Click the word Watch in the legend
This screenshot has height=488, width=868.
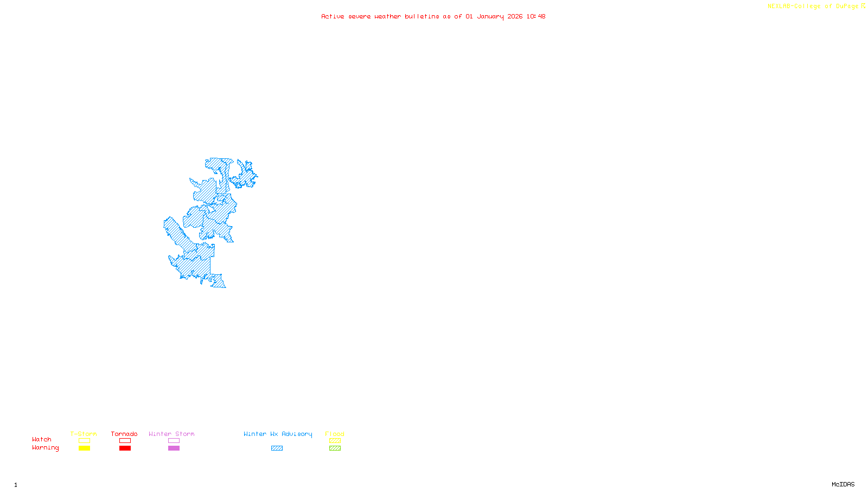[42, 439]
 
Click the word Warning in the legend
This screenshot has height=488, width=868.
[45, 448]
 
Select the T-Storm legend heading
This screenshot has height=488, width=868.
[84, 434]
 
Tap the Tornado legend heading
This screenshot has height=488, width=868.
[124, 434]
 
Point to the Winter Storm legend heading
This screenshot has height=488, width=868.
[171, 434]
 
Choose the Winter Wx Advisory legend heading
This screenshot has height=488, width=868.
[278, 434]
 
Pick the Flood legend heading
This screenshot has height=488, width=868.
[335, 434]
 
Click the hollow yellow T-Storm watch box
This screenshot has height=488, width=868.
[84, 441]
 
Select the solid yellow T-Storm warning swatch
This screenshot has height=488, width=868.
[84, 448]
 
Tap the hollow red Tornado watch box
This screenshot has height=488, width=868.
[125, 441]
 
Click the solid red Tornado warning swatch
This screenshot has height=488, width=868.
[125, 448]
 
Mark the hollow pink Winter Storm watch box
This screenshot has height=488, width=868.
[174, 441]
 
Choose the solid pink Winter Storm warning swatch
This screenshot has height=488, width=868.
[174, 448]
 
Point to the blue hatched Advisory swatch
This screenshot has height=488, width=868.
[277, 448]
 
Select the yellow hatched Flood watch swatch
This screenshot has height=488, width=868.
[335, 441]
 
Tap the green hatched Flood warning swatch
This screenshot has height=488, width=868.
[335, 448]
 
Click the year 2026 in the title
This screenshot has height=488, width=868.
[515, 16]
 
